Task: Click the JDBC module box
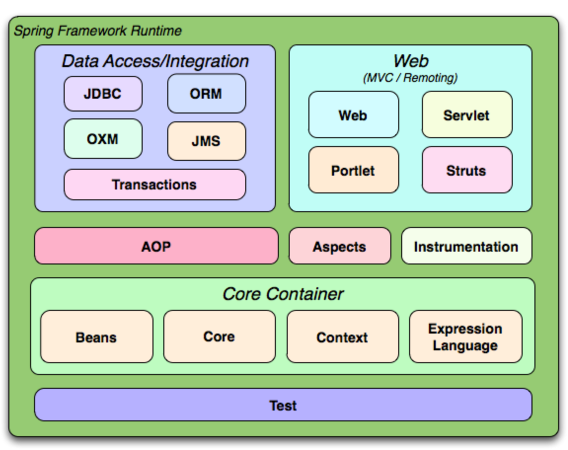coord(103,94)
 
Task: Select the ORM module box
coord(206,94)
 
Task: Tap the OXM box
coord(103,139)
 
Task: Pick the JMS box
coord(206,141)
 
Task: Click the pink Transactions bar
coord(154,185)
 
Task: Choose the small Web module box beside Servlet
coord(353,115)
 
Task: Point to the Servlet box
coord(467,115)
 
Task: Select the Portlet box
coord(353,170)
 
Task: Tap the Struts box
coord(467,170)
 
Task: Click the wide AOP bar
coord(156,246)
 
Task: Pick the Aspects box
coord(340,246)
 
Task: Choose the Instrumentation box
coord(466,246)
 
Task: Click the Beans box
coord(96,337)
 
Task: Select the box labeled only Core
coord(219,337)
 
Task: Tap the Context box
coord(342,337)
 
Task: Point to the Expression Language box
coord(465,337)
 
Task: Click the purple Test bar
coord(283,405)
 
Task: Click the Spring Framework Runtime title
coord(98,31)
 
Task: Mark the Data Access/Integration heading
coord(155,61)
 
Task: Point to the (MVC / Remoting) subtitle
coord(411,78)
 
